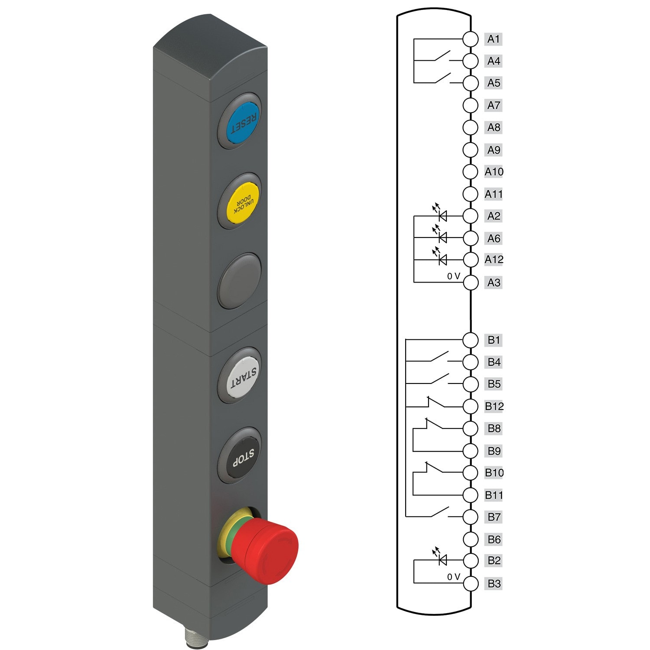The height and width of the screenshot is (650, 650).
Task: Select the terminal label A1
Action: click(493, 39)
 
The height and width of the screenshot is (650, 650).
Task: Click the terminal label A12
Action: click(494, 260)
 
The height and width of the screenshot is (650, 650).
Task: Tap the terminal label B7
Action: click(494, 517)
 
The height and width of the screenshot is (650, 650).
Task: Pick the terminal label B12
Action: click(494, 406)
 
